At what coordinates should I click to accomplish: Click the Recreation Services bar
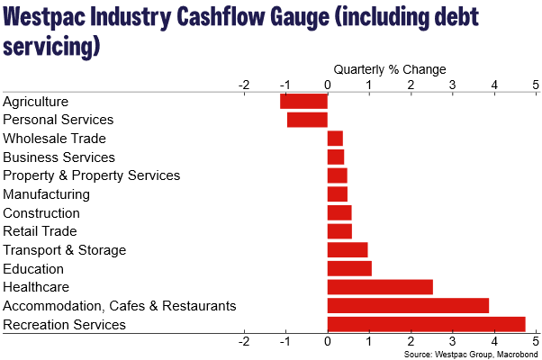click(x=426, y=324)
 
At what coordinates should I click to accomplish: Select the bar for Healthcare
click(x=380, y=287)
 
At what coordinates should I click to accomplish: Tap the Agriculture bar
click(x=304, y=102)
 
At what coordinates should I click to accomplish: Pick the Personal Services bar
click(x=307, y=120)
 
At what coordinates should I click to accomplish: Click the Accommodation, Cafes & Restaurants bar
click(x=408, y=306)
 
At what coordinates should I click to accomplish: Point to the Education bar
click(x=349, y=268)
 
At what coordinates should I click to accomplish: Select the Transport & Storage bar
click(x=348, y=250)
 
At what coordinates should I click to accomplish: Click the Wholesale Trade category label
click(x=55, y=139)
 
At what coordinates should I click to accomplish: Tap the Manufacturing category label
click(x=47, y=194)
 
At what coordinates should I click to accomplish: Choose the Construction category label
click(x=41, y=213)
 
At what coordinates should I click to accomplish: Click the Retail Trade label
click(x=41, y=231)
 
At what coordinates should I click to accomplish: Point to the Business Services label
click(x=59, y=157)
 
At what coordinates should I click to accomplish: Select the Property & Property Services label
click(x=92, y=175)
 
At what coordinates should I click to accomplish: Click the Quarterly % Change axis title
click(x=390, y=69)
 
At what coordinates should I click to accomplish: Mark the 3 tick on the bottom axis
click(x=453, y=342)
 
